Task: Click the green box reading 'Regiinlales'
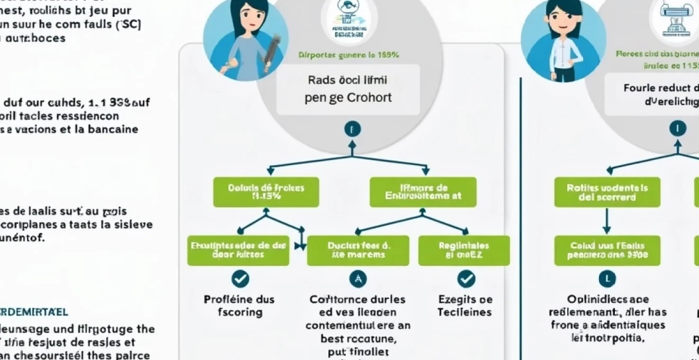point(464,250)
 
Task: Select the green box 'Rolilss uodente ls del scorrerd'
point(607,192)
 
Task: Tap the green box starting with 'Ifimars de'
point(423,192)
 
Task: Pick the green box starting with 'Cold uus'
point(607,250)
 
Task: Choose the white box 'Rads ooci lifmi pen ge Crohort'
point(347,89)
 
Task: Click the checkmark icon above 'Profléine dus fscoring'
point(240,278)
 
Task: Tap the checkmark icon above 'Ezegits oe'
point(466,278)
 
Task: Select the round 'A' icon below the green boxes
point(358,278)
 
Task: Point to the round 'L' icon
point(607,278)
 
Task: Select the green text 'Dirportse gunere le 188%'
point(348,55)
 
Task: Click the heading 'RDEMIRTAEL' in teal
point(34,313)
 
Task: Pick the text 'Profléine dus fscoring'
point(239,305)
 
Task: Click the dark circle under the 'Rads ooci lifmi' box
point(352,129)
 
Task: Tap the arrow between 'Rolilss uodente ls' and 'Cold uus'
point(607,221)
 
